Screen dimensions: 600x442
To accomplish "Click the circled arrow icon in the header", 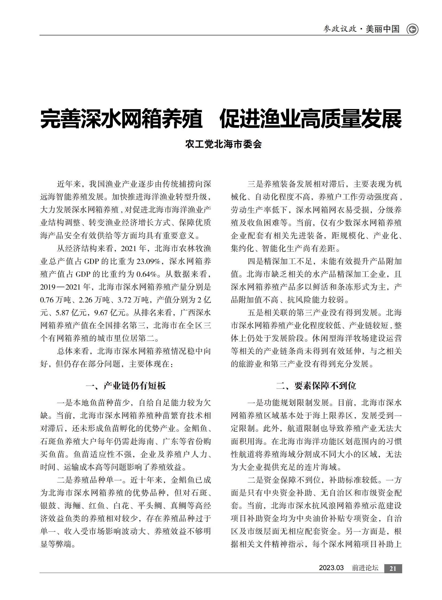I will pos(412,29).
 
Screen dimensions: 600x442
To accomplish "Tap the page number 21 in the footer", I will pos(393,568).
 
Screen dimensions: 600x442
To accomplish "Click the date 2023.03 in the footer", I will pos(331,568).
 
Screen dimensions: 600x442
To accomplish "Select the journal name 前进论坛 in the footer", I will pos(365,568).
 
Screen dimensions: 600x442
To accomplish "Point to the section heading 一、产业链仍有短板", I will pos(126,386).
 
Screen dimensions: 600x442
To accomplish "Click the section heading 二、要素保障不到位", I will pos(316,386).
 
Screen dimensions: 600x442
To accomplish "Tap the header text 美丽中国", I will pos(383,29).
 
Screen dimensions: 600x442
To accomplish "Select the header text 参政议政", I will pos(340,29).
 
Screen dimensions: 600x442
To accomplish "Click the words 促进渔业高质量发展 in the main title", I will pos(310,119).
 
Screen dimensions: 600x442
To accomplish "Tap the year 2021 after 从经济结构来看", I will pos(130,248).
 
